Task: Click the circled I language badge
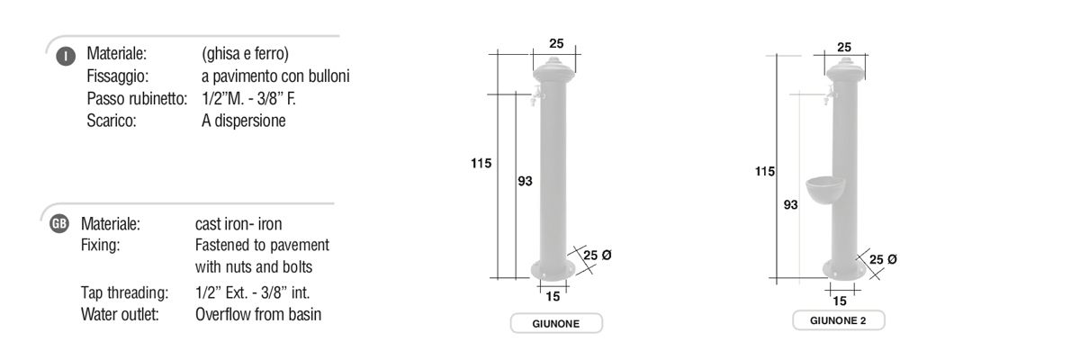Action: (x=66, y=56)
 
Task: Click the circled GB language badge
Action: (x=59, y=223)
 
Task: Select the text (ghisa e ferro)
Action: (x=245, y=53)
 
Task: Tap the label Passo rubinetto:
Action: (x=137, y=98)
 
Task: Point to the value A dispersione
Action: (x=244, y=121)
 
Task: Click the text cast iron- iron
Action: (x=238, y=223)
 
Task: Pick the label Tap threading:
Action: (x=124, y=292)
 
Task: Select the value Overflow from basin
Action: (x=258, y=314)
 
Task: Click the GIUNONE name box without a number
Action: (x=556, y=323)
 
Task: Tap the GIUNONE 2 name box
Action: (x=838, y=320)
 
